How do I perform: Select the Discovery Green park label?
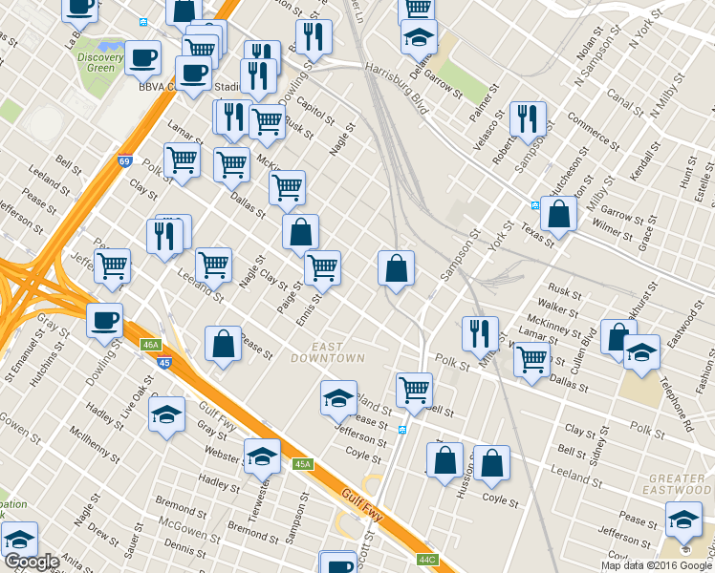click(100, 62)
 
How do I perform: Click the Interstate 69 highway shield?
click(125, 162)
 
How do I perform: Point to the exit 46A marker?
click(149, 345)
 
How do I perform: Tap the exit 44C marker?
click(427, 559)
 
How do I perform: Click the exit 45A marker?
click(303, 464)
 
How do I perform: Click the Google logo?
click(32, 562)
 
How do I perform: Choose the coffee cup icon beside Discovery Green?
click(143, 57)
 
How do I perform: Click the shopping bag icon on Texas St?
click(558, 214)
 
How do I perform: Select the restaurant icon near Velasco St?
click(527, 118)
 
